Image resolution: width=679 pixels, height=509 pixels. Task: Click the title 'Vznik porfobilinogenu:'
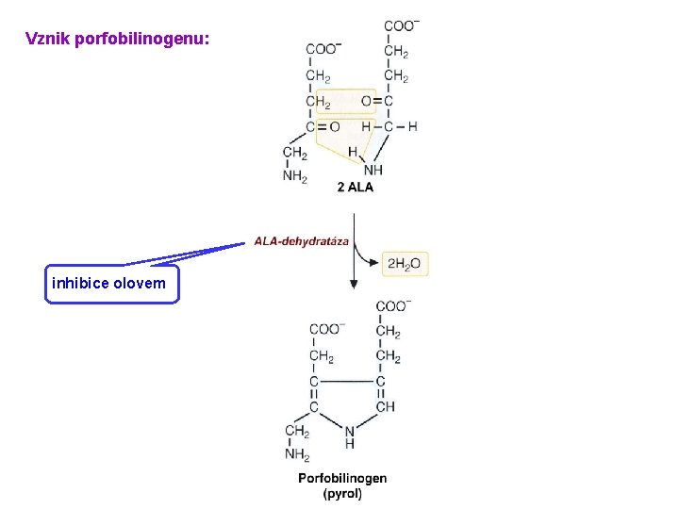click(x=118, y=40)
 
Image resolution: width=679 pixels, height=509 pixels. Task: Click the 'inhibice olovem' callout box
click(x=111, y=283)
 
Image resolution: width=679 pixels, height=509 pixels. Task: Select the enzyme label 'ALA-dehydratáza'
click(x=301, y=241)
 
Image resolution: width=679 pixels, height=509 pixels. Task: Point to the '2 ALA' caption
click(x=355, y=187)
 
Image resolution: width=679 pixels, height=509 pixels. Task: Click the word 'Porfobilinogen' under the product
click(x=342, y=478)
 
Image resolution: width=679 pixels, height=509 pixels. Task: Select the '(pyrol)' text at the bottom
click(x=342, y=493)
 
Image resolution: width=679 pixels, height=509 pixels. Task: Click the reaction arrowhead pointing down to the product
click(x=354, y=283)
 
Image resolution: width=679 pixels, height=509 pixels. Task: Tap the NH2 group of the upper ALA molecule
click(x=295, y=176)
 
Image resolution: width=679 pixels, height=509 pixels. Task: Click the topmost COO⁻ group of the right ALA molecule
click(x=403, y=25)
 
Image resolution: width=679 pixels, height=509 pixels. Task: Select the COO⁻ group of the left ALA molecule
click(x=323, y=49)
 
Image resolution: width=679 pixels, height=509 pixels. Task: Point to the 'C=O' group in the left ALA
click(x=323, y=126)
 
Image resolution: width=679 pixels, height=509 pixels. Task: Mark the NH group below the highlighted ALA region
click(x=373, y=171)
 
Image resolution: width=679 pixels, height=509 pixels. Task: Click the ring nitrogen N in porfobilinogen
click(x=350, y=431)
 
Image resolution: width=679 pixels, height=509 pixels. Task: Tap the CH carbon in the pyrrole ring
click(x=385, y=407)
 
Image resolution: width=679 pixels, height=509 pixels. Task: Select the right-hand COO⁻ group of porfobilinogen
click(x=392, y=306)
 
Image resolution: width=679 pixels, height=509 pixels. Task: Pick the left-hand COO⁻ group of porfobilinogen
click(x=326, y=329)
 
